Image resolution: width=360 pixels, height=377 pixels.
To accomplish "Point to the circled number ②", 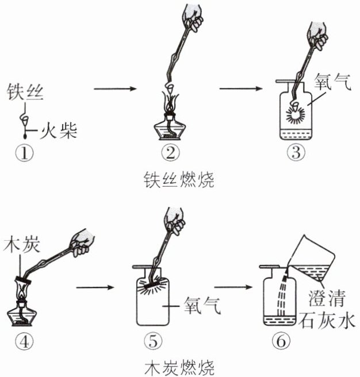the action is [170, 153].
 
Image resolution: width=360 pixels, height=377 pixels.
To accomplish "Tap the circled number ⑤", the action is [152, 341].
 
